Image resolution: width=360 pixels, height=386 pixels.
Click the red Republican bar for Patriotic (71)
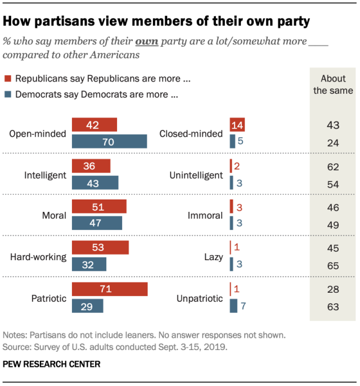point(110,289)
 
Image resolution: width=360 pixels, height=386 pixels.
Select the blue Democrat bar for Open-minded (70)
point(109,141)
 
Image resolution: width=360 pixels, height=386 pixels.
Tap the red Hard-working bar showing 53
point(100,248)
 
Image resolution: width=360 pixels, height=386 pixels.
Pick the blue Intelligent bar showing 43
point(95,183)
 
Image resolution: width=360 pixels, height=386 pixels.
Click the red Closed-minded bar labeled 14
point(237,125)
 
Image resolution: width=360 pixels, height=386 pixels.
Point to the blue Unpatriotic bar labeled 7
point(233,306)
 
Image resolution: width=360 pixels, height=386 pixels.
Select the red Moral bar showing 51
point(100,206)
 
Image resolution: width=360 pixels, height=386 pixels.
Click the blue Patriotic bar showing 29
point(87,306)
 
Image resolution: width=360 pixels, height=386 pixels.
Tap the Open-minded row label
point(38,134)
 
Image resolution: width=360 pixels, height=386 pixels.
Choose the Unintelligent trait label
point(196,175)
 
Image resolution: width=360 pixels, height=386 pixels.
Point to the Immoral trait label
point(206,216)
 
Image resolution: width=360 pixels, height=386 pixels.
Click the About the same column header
point(333,84)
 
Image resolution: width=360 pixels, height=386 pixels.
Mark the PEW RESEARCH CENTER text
point(52,364)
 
